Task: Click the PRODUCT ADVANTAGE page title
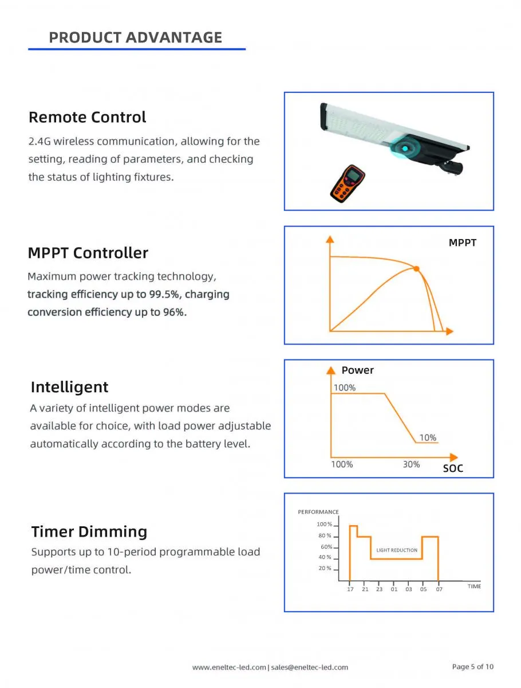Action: pyautogui.click(x=136, y=38)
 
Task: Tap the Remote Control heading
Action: pyautogui.click(x=87, y=118)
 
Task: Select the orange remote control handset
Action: pyautogui.click(x=347, y=184)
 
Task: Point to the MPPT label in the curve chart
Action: pyautogui.click(x=462, y=243)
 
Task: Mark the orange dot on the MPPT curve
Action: pyautogui.click(x=417, y=268)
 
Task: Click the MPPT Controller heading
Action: pyautogui.click(x=88, y=253)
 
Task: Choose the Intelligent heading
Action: pyautogui.click(x=69, y=387)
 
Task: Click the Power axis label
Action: pyautogui.click(x=357, y=370)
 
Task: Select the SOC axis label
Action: pyautogui.click(x=453, y=468)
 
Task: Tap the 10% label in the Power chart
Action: pyautogui.click(x=428, y=437)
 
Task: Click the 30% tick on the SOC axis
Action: pyautogui.click(x=411, y=464)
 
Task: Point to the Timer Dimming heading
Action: pyautogui.click(x=89, y=532)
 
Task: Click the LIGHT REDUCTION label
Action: pyautogui.click(x=397, y=550)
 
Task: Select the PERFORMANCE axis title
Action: pyautogui.click(x=318, y=512)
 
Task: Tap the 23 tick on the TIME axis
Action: pyautogui.click(x=379, y=589)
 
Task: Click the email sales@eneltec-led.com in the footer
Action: pyautogui.click(x=309, y=667)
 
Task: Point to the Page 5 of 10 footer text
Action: pyautogui.click(x=472, y=667)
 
